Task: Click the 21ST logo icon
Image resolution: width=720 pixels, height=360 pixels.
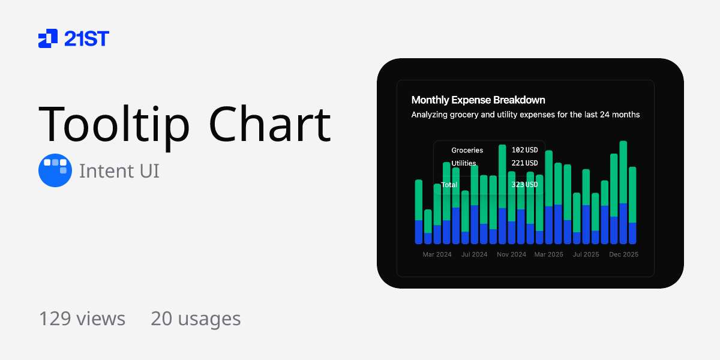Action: point(48,38)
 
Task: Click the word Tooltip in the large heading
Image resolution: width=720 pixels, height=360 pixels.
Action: point(115,124)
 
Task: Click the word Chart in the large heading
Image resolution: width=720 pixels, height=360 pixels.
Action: point(270,124)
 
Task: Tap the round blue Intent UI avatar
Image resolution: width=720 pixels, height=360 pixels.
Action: point(55,170)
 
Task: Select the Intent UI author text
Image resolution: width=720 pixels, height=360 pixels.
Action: point(119,171)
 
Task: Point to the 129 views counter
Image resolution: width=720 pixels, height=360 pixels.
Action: point(82,319)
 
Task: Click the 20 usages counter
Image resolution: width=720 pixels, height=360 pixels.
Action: point(196,319)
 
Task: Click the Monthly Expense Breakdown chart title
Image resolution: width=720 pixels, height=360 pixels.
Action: point(478,100)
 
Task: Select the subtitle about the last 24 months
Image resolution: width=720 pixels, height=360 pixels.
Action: point(525,115)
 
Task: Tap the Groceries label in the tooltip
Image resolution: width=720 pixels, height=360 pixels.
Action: point(467,150)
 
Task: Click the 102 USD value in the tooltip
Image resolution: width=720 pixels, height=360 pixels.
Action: point(524,150)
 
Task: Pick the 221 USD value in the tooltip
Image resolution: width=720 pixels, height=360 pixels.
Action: point(524,163)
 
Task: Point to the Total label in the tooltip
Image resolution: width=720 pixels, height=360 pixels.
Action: point(449,185)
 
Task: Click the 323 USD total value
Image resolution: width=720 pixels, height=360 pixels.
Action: point(524,185)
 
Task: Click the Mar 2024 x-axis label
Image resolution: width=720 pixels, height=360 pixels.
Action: point(437,254)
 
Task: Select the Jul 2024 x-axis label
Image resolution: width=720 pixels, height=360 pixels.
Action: point(474,254)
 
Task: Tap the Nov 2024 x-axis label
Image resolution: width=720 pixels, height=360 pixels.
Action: point(511,254)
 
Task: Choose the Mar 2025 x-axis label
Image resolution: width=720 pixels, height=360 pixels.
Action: point(548,254)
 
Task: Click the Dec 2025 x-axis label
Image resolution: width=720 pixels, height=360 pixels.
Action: point(623,254)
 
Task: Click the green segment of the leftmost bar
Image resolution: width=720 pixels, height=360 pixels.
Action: point(419,199)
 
